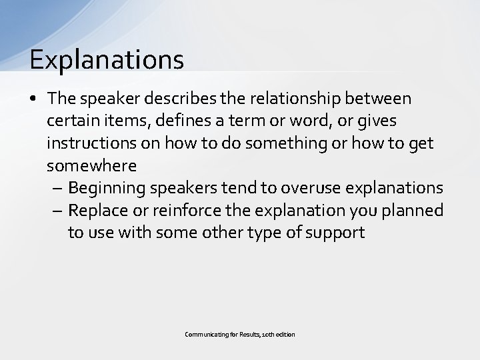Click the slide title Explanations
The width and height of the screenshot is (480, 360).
[107, 59]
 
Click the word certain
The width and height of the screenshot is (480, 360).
[72, 121]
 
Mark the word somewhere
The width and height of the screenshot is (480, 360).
[92, 165]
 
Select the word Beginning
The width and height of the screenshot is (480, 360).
[107, 187]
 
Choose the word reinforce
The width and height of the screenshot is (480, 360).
[176, 210]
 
